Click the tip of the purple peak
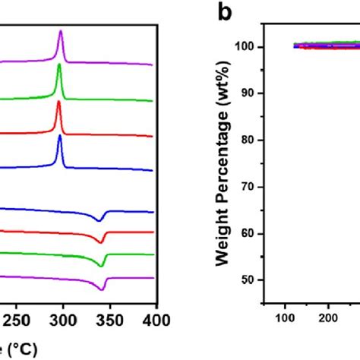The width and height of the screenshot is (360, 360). coord(61,31)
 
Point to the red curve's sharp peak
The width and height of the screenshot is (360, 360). coord(58,102)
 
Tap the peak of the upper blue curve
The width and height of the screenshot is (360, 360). coord(59,137)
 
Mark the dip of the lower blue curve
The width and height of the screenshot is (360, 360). coord(100,220)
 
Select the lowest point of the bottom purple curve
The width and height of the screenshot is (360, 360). coord(102,289)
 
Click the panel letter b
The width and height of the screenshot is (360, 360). coord(225,14)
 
